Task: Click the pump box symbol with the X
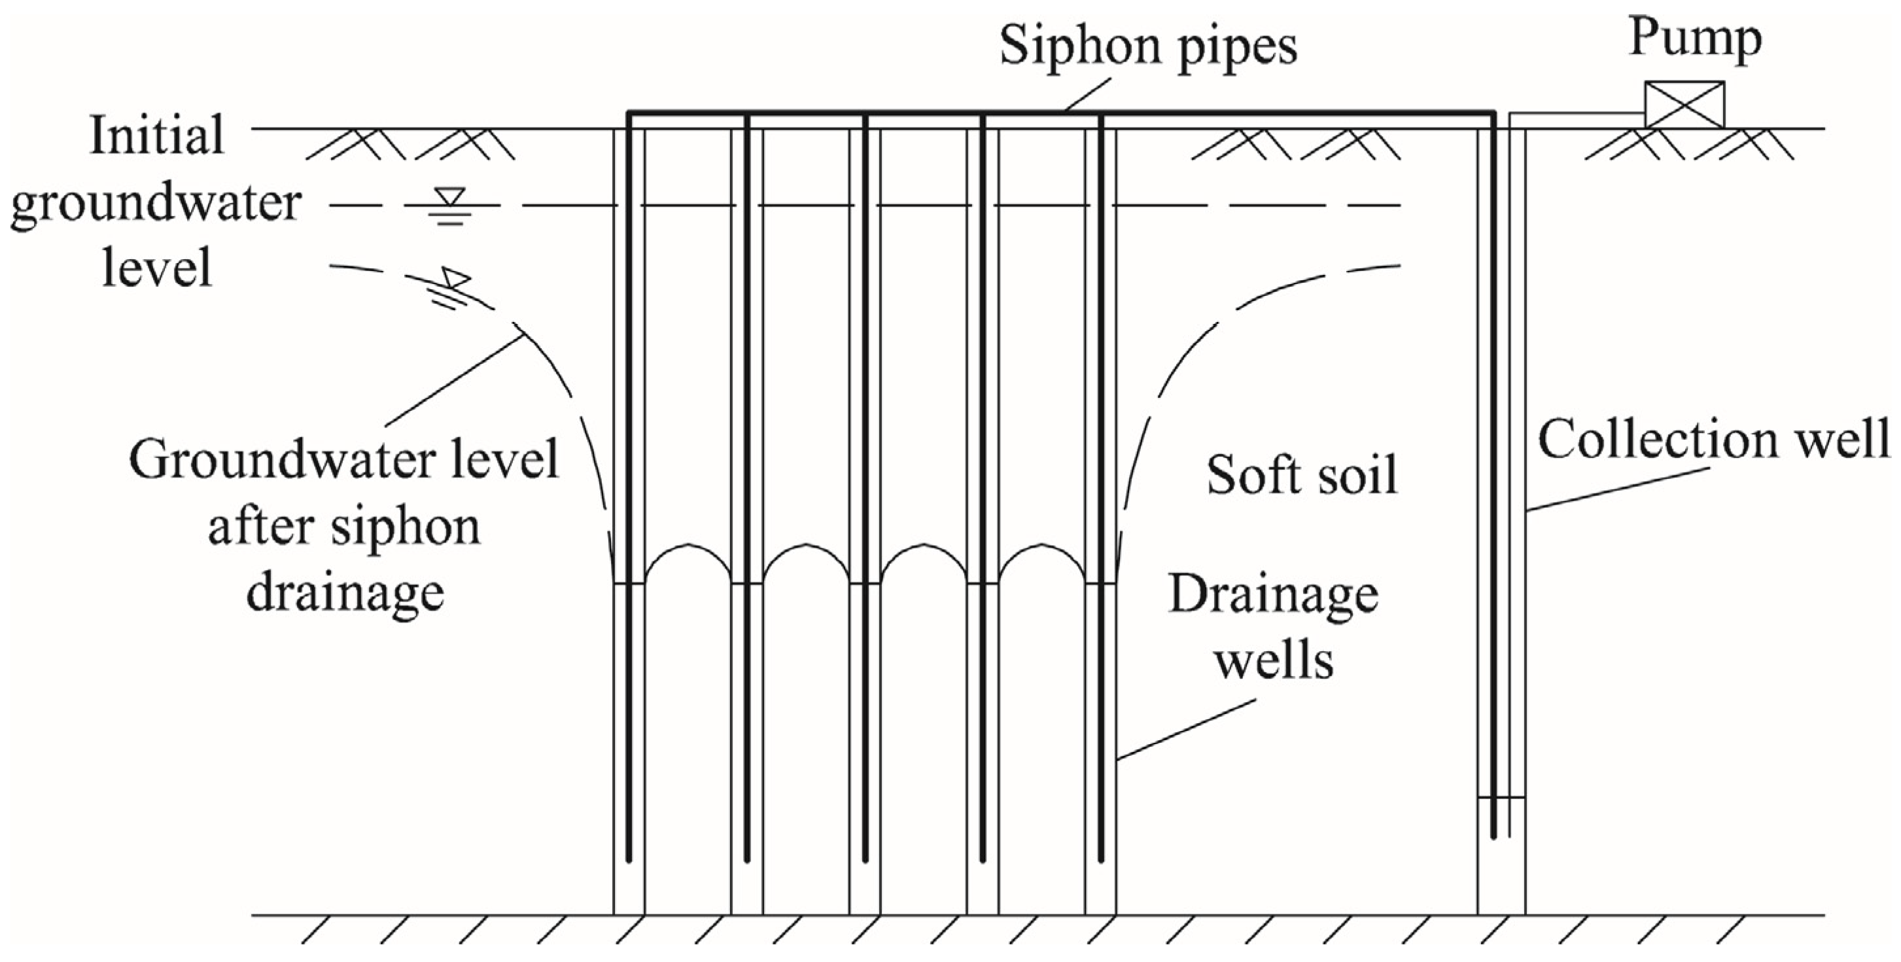tap(1684, 104)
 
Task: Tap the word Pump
tap(1694, 37)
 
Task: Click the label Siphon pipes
tap(1147, 46)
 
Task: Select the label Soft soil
tap(1302, 474)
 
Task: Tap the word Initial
tap(156, 136)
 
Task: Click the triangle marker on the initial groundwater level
tap(449, 197)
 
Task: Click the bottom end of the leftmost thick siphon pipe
tap(629, 859)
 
